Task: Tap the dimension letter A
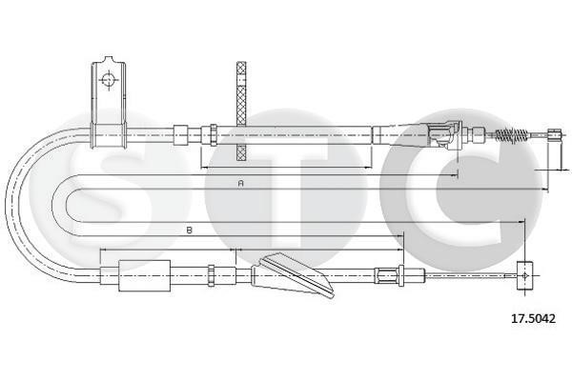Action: tap(240, 183)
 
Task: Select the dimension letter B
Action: tap(190, 231)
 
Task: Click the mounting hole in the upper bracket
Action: tap(109, 79)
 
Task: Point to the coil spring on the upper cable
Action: tap(508, 135)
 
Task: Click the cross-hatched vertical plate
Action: tap(241, 111)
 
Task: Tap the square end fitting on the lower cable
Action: tap(525, 275)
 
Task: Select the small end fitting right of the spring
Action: tap(555, 134)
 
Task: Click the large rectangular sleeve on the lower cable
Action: tap(145, 275)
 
